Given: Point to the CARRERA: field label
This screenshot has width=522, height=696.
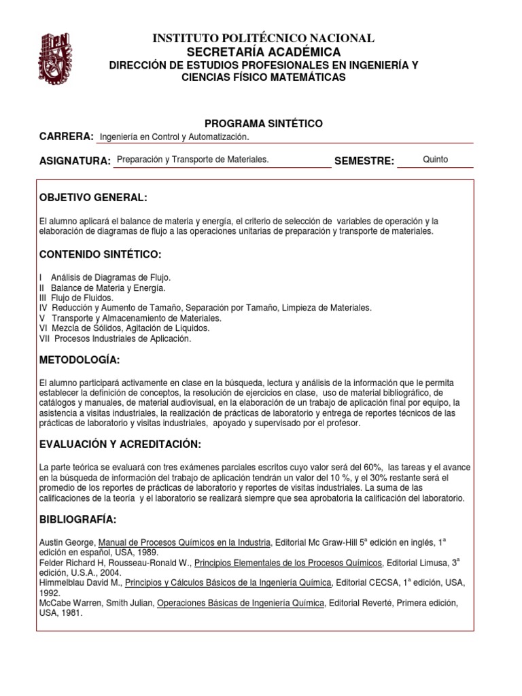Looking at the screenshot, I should (67, 137).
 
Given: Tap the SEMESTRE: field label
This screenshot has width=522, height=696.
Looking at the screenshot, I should (364, 161).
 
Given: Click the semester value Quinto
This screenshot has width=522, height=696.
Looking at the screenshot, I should (435, 159).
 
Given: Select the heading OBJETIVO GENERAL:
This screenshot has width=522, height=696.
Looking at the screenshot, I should (93, 198).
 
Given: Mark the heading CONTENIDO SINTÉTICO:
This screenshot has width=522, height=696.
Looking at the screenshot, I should (100, 254).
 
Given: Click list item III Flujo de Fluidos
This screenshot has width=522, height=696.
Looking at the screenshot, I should (77, 298).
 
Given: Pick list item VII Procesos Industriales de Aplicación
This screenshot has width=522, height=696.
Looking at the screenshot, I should (116, 338).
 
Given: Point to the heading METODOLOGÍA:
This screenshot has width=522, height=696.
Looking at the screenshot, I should (79, 360).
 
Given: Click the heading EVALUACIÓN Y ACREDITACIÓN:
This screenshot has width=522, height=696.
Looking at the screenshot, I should (121, 444).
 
